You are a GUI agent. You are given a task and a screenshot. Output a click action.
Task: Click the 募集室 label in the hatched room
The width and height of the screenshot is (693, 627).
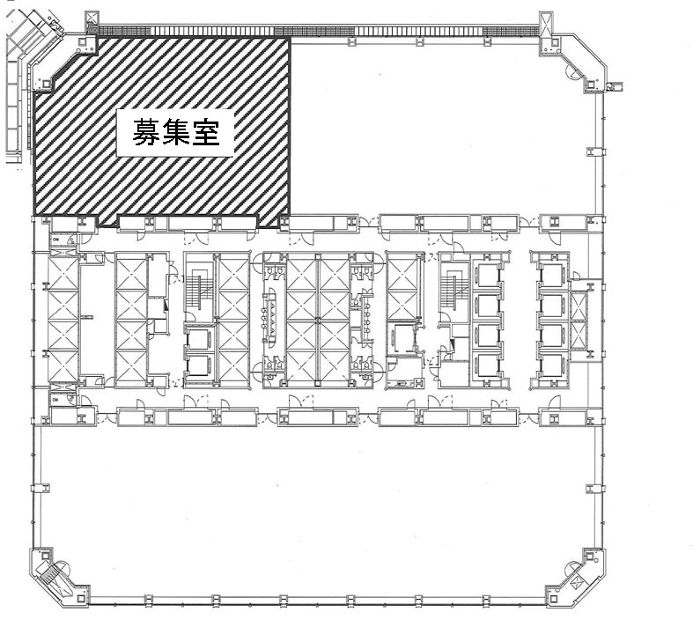click(x=176, y=133)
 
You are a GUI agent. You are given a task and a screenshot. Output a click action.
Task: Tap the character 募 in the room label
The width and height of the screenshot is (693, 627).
click(x=147, y=133)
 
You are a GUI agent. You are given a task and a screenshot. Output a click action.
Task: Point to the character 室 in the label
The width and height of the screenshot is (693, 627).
click(x=205, y=133)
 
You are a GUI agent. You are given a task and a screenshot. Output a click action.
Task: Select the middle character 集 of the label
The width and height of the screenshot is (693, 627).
click(x=176, y=133)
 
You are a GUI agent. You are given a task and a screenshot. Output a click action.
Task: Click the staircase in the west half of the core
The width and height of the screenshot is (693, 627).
click(x=200, y=288)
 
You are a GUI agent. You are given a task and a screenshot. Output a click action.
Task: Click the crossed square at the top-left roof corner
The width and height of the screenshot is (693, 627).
click(x=92, y=18)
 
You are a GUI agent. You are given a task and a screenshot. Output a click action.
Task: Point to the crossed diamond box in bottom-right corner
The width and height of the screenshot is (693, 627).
click(x=577, y=583)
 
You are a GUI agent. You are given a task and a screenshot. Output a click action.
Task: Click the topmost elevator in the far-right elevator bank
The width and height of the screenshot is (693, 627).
click(x=552, y=275)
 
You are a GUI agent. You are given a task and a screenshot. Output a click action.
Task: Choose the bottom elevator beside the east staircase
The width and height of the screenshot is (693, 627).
click(x=487, y=365)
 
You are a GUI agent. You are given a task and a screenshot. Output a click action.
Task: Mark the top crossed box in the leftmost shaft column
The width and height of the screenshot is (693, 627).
click(x=63, y=275)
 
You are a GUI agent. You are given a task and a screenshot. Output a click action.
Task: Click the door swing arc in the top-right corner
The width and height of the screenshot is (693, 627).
click(x=573, y=73)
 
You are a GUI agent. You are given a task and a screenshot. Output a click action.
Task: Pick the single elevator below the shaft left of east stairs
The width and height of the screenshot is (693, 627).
click(x=402, y=339)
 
